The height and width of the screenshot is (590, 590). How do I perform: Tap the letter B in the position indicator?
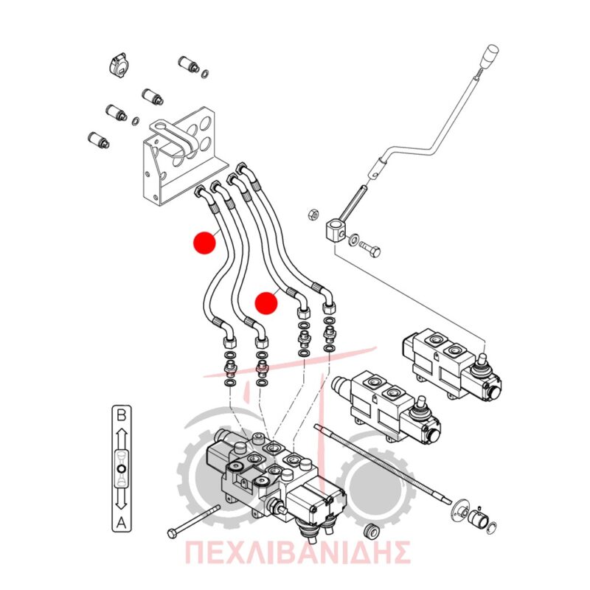point(122,416)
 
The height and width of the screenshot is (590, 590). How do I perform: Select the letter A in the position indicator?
point(121,522)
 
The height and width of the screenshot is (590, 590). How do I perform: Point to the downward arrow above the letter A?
point(121,499)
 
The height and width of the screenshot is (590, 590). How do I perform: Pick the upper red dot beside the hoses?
point(204,243)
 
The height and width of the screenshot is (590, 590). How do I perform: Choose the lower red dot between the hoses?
point(266,303)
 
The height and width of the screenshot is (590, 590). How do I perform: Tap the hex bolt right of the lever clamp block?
point(370,249)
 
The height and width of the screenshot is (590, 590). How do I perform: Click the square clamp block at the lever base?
point(335,230)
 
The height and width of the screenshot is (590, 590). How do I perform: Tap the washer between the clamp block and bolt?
point(353,240)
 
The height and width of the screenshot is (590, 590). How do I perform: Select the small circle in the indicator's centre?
point(121,469)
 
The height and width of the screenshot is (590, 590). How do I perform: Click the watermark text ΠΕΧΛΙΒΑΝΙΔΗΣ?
point(297,552)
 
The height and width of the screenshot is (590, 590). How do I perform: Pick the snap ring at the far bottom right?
point(491,527)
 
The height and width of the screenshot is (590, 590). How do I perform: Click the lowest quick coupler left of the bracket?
point(99,140)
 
